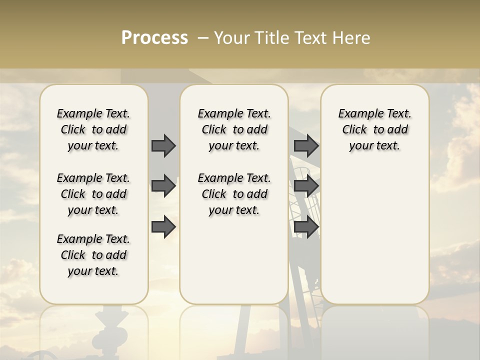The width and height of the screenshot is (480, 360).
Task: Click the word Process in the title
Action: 154,38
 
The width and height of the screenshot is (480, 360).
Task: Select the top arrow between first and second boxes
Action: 163,145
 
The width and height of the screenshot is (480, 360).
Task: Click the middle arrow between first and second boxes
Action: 163,186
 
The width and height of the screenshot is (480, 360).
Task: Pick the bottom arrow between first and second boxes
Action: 163,227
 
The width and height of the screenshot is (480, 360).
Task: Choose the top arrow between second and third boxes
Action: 306,145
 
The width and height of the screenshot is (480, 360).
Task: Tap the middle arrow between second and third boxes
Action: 306,186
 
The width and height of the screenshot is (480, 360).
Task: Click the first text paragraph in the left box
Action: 93,129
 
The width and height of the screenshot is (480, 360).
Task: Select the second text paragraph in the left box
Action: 93,194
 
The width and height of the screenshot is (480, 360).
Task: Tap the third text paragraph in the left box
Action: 93,255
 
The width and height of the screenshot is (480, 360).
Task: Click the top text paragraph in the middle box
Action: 234,129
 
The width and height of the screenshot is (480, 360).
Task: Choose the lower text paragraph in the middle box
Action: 234,194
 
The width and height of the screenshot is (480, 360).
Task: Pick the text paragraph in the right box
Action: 375,129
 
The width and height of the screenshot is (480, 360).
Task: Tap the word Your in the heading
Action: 230,38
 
